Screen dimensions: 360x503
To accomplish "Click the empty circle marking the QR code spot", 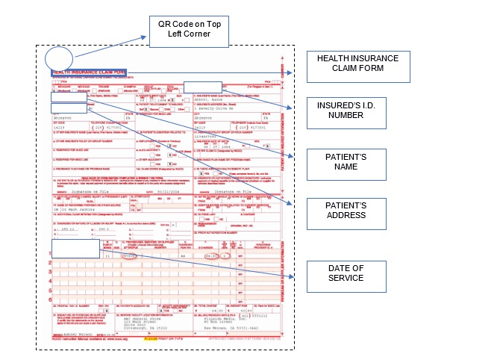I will pos(58,59).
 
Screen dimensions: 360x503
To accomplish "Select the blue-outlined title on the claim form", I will pos(89,73).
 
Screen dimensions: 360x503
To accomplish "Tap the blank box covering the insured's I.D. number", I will pos(202,87).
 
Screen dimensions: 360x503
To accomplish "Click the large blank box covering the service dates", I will pos(75,249).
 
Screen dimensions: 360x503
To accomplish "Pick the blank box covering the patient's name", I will pos(63,97).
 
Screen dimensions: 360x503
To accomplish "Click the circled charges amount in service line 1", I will pos(213,255).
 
